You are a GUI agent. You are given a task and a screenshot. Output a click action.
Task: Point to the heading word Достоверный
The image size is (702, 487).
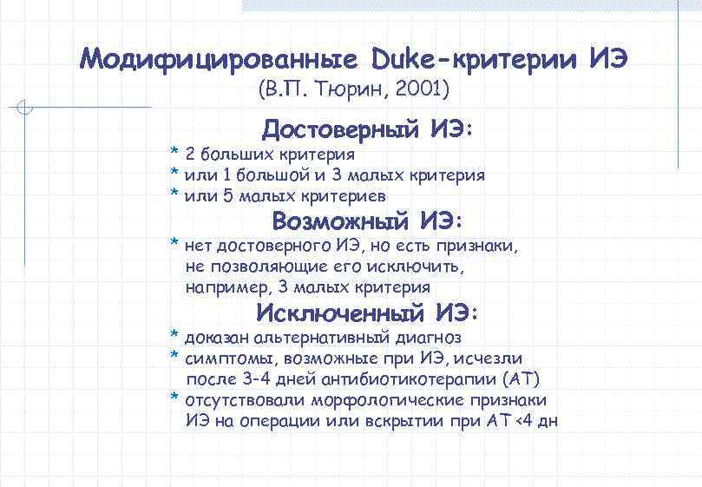pyautogui.click(x=342, y=130)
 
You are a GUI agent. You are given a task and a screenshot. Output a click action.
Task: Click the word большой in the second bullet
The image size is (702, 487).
pyautogui.click(x=279, y=175)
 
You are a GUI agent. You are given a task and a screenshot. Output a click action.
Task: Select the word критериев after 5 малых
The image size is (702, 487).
pyautogui.click(x=339, y=196)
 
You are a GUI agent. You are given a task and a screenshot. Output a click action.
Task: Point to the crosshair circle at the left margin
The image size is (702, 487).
pyautogui.click(x=25, y=109)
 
